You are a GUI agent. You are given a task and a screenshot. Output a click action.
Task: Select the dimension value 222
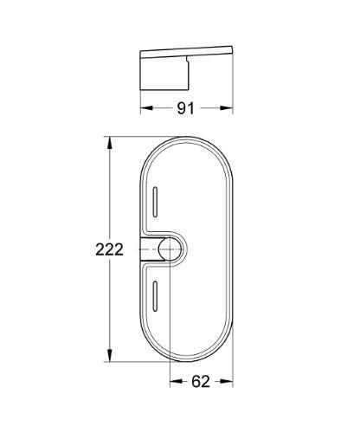click(111, 249)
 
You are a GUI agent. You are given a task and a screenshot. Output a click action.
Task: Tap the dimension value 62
click(200, 379)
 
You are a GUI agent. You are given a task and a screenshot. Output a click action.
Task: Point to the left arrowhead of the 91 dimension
click(145, 108)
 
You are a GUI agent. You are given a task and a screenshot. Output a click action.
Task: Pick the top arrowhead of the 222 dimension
click(111, 140)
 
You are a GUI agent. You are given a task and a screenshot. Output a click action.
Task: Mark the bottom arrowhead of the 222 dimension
click(111, 358)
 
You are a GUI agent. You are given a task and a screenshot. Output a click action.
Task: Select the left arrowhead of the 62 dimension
click(173, 379)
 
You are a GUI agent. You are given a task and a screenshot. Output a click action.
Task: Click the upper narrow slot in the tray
click(154, 205)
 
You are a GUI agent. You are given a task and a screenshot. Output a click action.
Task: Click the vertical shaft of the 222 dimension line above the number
click(111, 191)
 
